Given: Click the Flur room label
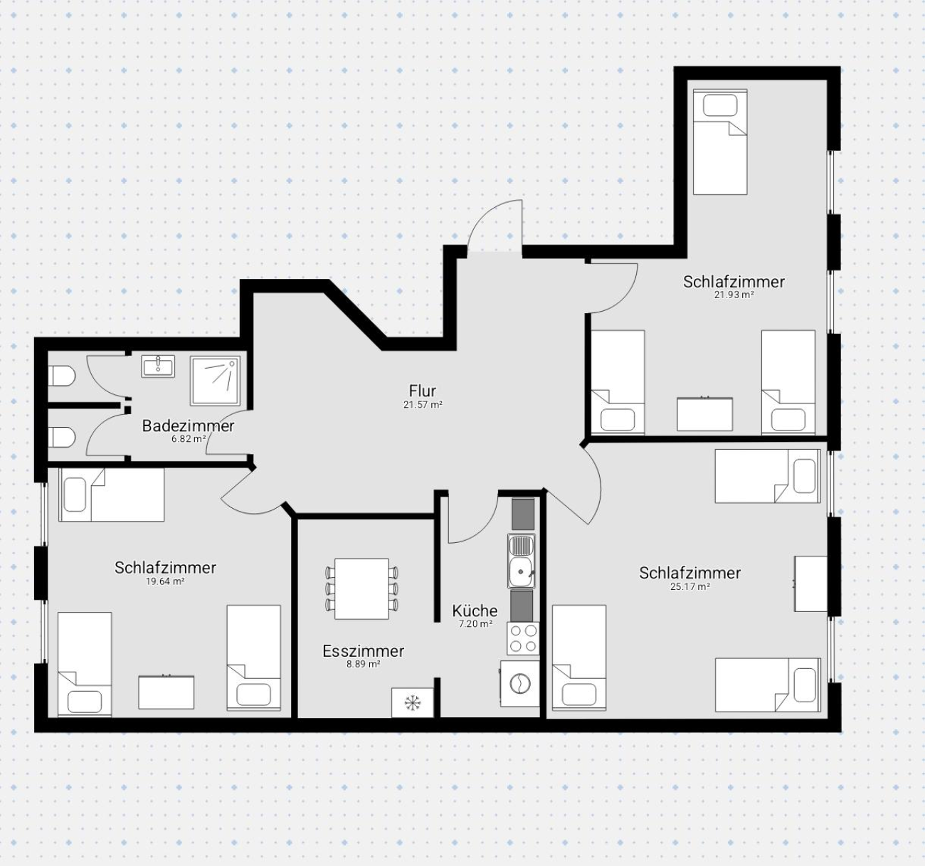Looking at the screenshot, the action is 423,391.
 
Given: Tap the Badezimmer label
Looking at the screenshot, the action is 188,426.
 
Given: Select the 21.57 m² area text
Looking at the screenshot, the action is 423,404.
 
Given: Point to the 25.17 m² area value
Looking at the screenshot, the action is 689,587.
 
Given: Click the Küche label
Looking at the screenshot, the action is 475,611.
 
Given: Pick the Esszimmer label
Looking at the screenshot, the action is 364,651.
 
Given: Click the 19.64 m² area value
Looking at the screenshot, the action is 165,581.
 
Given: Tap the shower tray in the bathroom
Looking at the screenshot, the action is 215,381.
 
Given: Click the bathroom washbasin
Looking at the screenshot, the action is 158,366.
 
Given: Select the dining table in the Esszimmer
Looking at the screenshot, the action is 361,588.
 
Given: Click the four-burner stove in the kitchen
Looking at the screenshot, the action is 523,638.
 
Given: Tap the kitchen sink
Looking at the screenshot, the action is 522,561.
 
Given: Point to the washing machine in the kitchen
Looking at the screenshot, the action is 520,683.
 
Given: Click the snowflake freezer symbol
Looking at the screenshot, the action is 412,702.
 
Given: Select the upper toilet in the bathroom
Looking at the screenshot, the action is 62,376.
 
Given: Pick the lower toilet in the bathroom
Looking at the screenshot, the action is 62,438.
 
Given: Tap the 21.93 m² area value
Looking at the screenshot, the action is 734,295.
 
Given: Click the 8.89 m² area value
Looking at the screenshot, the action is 364,665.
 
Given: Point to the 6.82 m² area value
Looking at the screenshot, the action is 189,439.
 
